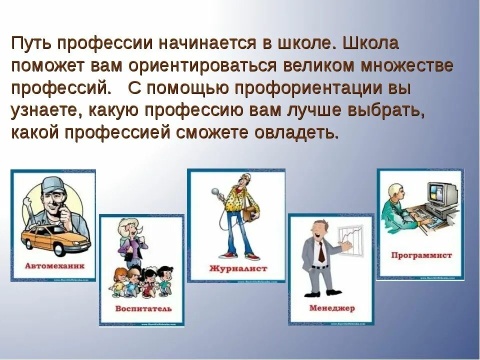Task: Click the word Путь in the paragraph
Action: tap(30, 43)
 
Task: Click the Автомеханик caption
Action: tap(54, 266)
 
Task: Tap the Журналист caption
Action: tap(238, 268)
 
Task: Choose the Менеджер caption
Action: tap(331, 307)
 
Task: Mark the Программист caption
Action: tap(421, 255)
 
